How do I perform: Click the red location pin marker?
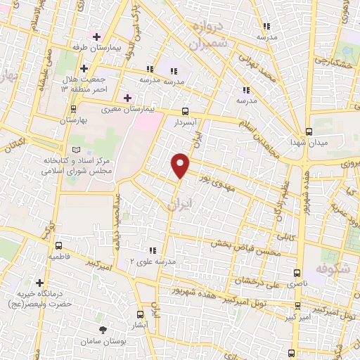point(181,165)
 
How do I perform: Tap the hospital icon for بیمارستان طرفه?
point(96,36)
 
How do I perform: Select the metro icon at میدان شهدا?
point(308,131)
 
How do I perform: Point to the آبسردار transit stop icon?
point(185,110)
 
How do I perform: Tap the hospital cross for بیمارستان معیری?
point(127,97)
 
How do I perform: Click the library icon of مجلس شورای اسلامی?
point(77,150)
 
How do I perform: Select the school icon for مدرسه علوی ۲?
point(151,250)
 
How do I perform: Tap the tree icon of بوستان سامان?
point(103,330)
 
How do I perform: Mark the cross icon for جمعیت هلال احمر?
point(84,69)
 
